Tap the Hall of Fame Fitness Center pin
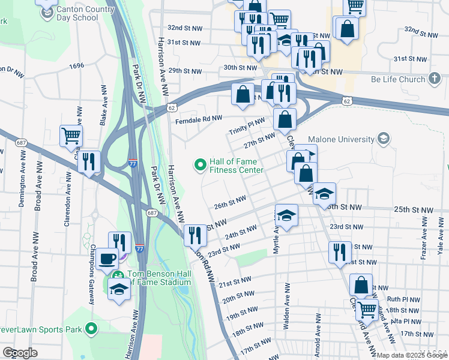200,163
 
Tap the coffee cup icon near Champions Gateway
107,259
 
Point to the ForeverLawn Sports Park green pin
91,328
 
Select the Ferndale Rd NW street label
198,119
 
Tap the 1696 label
76,66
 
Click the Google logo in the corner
20,353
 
